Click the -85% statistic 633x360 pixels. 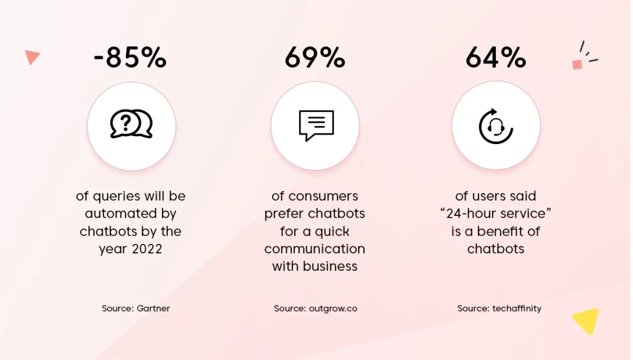click(x=130, y=58)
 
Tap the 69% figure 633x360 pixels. click(x=315, y=58)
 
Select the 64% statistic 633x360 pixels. click(x=496, y=58)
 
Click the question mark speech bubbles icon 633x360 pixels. click(x=131, y=124)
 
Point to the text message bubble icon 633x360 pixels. click(x=316, y=125)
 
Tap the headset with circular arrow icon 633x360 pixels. click(x=496, y=126)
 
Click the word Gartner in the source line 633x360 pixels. click(x=153, y=308)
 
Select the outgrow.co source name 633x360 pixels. click(x=333, y=309)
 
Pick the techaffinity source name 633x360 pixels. click(x=517, y=308)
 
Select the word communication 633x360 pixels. click(x=315, y=249)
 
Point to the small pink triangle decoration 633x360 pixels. click(x=32, y=57)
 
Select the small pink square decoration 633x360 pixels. click(x=577, y=65)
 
